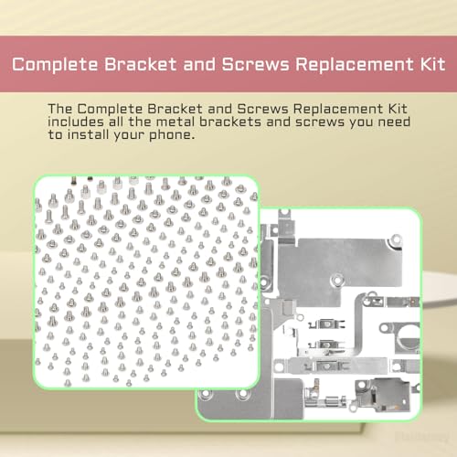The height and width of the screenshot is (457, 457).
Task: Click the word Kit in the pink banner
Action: pyautogui.click(x=432, y=64)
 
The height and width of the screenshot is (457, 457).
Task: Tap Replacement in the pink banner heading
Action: pyautogui.click(x=355, y=65)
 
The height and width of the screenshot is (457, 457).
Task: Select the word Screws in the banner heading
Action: pyautogui.click(x=255, y=64)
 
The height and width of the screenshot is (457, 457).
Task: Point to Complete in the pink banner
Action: pyautogui.click(x=55, y=65)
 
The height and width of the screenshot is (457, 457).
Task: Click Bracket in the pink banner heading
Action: pyautogui.click(x=141, y=64)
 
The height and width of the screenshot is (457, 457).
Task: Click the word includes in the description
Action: pyautogui.click(x=76, y=122)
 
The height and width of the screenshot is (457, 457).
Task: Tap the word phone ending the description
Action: pyautogui.click(x=172, y=135)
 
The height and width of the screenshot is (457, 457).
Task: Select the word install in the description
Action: pyautogui.click(x=88, y=134)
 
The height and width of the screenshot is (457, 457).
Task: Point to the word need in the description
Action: pyautogui.click(x=394, y=122)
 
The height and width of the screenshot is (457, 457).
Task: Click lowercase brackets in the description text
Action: pyautogui.click(x=230, y=122)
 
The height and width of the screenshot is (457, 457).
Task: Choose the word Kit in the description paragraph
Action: pyautogui.click(x=398, y=109)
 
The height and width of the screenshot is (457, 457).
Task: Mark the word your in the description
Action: pyautogui.click(x=129, y=135)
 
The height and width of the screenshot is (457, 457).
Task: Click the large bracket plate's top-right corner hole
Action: pyautogui.click(x=396, y=239)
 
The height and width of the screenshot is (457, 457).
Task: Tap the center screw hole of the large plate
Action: pyautogui.click(x=337, y=279)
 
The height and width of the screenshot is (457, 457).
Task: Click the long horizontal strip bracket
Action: pyautogui.click(x=331, y=366)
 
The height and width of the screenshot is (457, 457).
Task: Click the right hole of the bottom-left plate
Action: pyautogui.click(x=242, y=394)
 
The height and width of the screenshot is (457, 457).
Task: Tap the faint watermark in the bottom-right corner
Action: pyautogui.click(x=422, y=437)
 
